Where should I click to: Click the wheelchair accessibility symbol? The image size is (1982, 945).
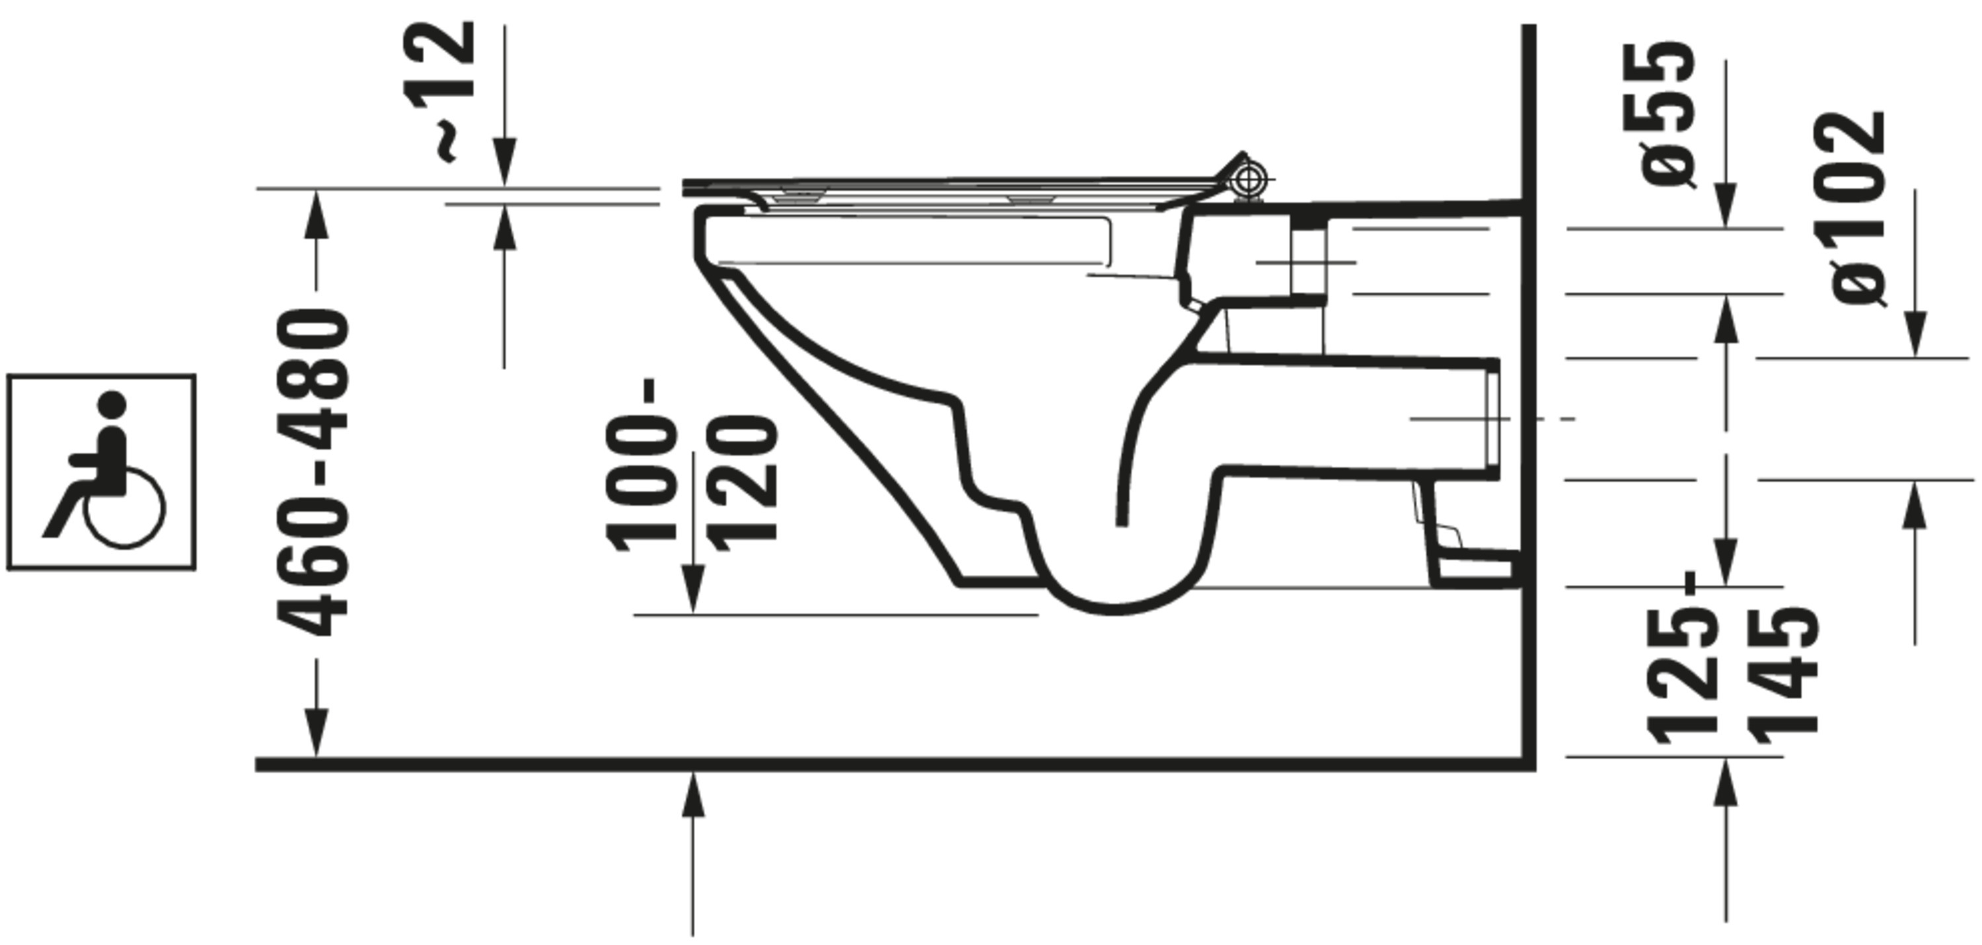point(102,472)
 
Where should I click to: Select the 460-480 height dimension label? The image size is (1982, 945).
point(314,472)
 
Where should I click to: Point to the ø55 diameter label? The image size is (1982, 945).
point(1668,114)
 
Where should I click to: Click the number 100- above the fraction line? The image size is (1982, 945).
point(642,465)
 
